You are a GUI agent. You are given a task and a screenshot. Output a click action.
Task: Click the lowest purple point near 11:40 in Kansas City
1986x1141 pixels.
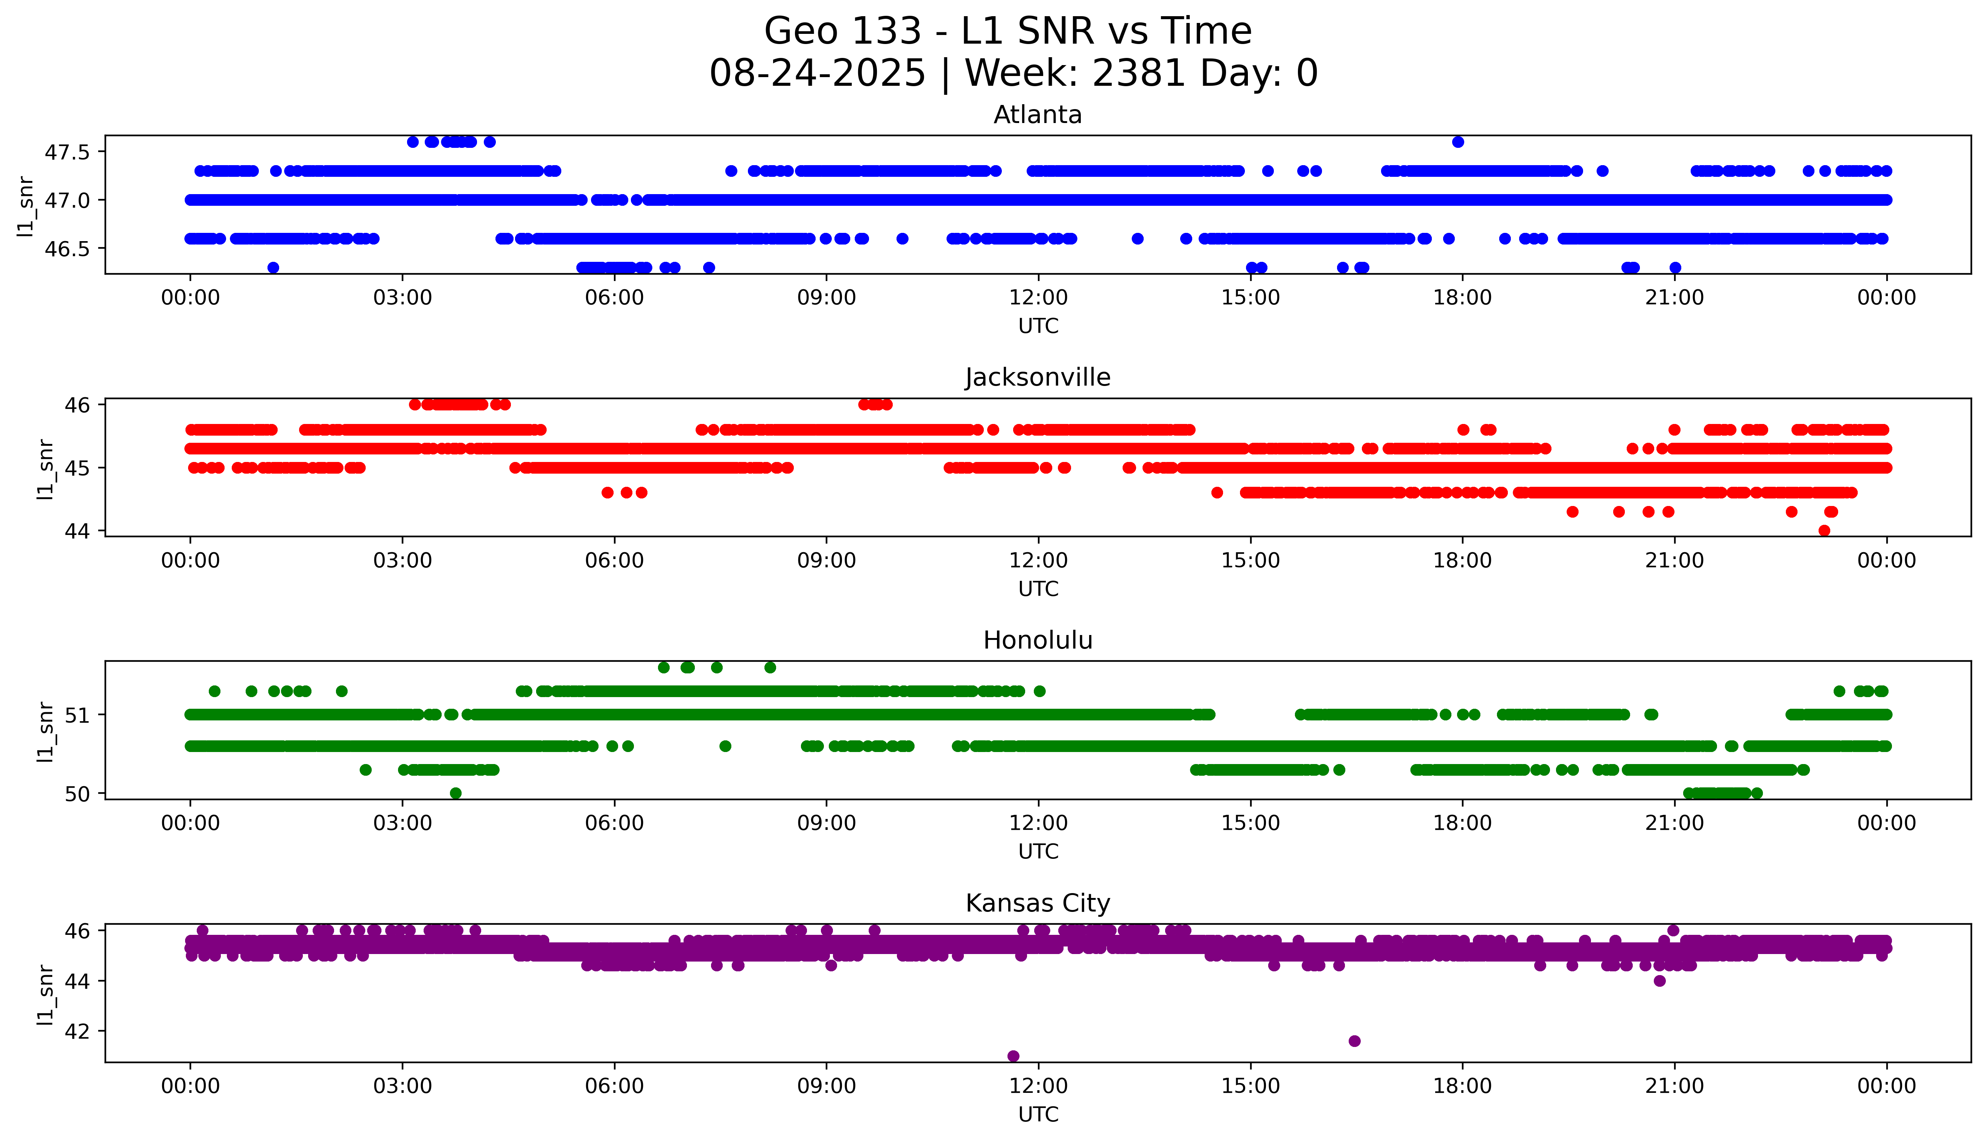(1013, 1056)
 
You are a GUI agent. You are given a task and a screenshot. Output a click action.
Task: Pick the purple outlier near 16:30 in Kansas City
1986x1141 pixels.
(1355, 1041)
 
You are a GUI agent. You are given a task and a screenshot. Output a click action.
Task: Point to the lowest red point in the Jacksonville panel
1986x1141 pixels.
(1824, 530)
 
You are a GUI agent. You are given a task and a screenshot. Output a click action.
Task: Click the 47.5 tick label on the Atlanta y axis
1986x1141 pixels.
(67, 152)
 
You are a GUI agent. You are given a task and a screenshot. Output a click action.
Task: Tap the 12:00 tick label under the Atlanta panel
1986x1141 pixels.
(1038, 298)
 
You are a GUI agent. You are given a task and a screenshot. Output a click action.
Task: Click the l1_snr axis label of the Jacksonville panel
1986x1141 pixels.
(46, 469)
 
